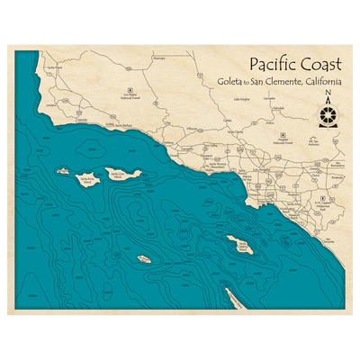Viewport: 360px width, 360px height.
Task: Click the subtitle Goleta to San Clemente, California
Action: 279,82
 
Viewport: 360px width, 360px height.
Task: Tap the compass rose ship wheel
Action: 328,114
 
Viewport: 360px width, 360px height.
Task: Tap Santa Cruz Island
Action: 119,174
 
